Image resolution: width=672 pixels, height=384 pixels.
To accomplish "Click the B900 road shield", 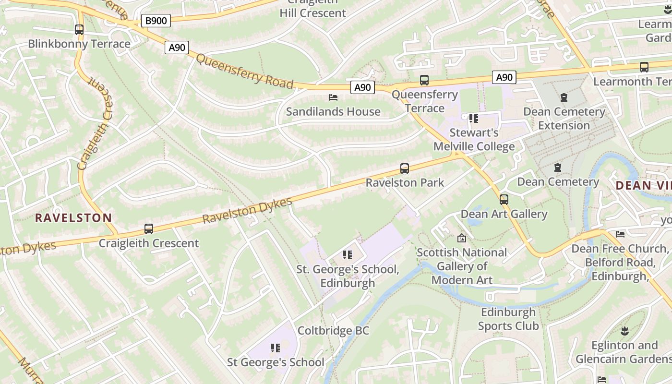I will click(156, 21).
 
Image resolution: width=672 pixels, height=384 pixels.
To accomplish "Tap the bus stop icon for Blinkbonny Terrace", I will click(79, 30).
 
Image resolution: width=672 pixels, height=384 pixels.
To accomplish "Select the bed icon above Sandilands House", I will click(333, 97).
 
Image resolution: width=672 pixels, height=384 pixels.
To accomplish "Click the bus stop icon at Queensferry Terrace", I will click(424, 80).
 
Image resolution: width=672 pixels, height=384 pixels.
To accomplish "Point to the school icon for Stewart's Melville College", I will click(474, 119).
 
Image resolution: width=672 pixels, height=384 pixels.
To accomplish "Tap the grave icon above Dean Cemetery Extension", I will click(564, 97).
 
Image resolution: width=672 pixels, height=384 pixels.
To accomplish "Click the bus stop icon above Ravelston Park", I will click(405, 168).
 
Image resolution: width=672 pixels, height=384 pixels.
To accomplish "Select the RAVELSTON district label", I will click(73, 218).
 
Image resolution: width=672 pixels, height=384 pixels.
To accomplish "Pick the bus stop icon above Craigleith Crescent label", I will click(149, 229).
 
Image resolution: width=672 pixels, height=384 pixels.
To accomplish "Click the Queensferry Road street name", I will click(245, 72).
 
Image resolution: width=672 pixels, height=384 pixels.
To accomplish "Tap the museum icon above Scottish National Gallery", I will click(462, 238).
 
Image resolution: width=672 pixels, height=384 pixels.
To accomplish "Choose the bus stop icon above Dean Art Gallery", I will click(504, 200).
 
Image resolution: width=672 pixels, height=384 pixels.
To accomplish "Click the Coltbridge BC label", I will click(333, 331).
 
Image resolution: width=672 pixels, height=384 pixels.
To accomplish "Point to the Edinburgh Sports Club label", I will click(508, 319).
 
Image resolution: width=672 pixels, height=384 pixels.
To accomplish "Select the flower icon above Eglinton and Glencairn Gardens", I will click(624, 331).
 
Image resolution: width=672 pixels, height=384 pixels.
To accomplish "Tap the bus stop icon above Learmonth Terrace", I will click(644, 67).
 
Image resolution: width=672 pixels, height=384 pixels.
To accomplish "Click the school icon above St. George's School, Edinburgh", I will click(348, 255).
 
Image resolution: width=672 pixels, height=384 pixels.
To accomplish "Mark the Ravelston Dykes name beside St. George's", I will click(247, 211).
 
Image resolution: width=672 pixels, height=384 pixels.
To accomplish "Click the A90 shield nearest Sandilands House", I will click(362, 87).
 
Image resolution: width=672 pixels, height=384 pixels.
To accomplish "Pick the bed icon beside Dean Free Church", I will click(620, 234).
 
